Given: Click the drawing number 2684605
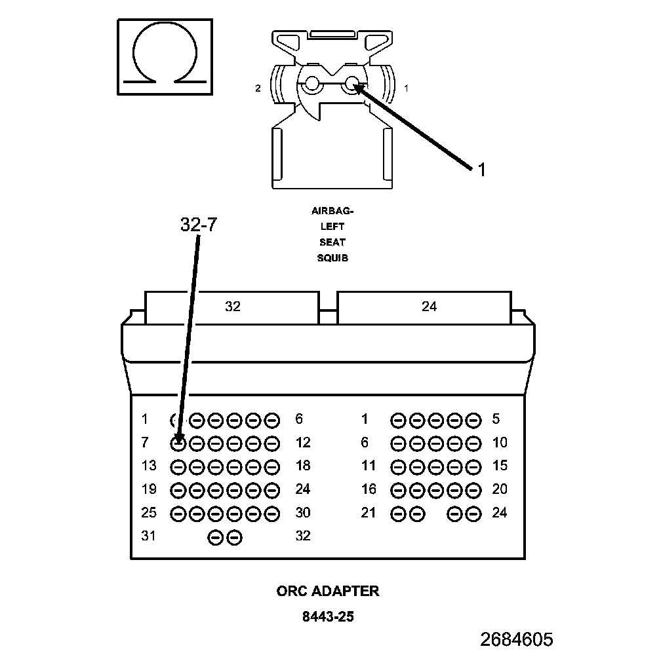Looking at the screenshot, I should click(x=516, y=639).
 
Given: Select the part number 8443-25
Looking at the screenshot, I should click(x=328, y=616).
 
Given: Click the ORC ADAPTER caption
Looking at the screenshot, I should click(x=328, y=591).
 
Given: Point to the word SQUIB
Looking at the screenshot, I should click(x=332, y=257).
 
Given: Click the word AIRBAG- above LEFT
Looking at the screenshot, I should click(x=332, y=211).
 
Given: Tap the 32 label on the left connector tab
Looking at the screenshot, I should click(x=232, y=306).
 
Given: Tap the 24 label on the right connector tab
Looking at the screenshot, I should click(x=429, y=306).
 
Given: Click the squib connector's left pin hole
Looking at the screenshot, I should click(x=311, y=84).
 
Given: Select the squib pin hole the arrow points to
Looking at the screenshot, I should click(x=352, y=84).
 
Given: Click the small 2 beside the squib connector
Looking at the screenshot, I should click(x=258, y=87).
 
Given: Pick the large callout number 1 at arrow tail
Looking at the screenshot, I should click(x=481, y=170).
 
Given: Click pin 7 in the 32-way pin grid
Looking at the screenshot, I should click(x=178, y=443).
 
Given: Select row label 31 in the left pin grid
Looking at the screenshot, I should click(x=149, y=536).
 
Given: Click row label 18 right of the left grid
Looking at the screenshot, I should click(x=302, y=466).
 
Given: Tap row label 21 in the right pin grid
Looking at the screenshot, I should click(x=369, y=512).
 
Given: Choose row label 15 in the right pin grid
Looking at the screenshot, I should click(x=500, y=466).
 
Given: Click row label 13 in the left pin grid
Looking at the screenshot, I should click(x=149, y=466).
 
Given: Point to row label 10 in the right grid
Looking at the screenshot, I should click(x=500, y=443).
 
